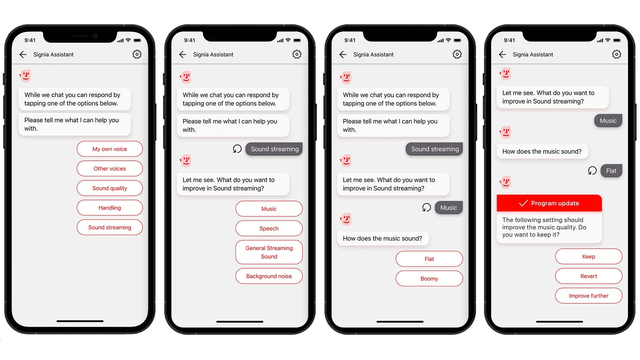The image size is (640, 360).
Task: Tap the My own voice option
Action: (110, 149)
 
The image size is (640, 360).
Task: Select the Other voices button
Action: (110, 169)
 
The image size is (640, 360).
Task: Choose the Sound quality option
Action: (110, 188)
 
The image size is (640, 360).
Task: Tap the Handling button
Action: (110, 208)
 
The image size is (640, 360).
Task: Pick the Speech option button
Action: (269, 228)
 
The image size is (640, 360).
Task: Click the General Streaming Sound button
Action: (269, 252)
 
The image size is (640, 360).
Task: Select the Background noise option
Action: (269, 276)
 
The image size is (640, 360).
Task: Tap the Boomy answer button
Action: (429, 279)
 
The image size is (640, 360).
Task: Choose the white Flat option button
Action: (429, 259)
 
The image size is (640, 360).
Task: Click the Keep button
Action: (589, 257)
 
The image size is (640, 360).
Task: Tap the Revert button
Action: (589, 276)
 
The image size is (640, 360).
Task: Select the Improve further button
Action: (589, 296)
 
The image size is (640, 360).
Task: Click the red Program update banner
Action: (549, 203)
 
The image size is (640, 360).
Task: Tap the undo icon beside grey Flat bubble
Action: (592, 171)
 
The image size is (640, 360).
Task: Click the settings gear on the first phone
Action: (137, 54)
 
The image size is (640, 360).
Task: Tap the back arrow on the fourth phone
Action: (502, 54)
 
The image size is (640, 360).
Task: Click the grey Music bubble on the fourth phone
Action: (608, 121)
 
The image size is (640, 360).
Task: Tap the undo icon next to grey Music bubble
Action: (427, 207)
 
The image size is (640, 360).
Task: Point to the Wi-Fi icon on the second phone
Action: (288, 40)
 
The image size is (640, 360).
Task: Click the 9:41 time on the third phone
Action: (350, 40)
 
